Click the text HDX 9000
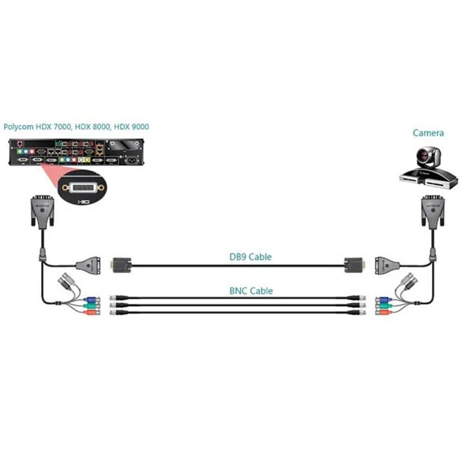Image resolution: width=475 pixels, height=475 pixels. [131, 127]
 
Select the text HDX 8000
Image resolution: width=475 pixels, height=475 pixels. [94, 127]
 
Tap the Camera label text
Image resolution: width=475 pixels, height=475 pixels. [427, 133]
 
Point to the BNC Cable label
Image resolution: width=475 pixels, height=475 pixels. [250, 291]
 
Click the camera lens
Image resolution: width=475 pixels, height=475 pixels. [435, 158]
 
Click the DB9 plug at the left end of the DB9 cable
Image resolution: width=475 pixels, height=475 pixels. [122, 265]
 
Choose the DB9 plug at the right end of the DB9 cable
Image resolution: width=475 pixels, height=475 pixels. [353, 265]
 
